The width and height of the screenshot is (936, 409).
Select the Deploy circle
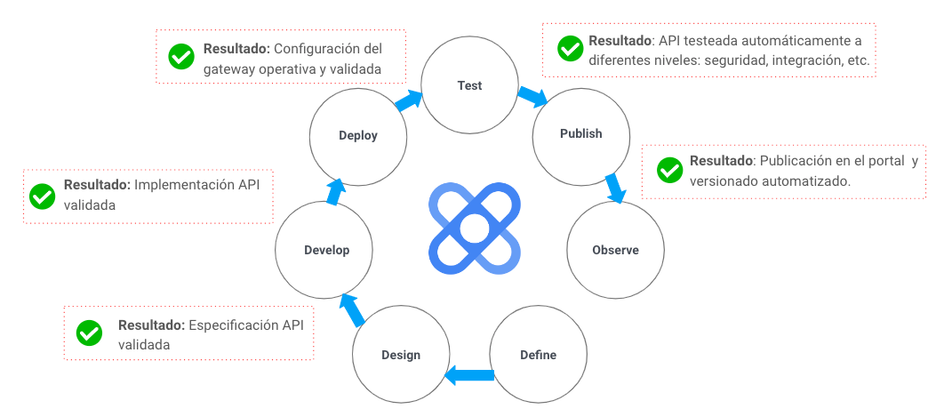(x=358, y=136)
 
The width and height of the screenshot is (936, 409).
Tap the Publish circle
(x=580, y=134)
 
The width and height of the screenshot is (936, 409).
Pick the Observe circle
(x=615, y=250)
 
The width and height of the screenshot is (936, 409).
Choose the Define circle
(x=538, y=355)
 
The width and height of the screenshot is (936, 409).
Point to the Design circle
(x=401, y=355)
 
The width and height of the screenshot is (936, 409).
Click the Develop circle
(x=325, y=250)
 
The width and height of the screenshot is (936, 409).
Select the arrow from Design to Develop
(x=352, y=309)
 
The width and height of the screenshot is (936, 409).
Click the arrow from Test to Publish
(x=532, y=96)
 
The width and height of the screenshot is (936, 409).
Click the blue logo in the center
(x=473, y=228)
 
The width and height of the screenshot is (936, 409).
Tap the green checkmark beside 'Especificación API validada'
(x=89, y=333)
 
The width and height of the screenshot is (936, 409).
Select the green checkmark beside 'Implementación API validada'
(x=42, y=196)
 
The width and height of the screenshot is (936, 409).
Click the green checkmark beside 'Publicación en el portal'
(x=668, y=170)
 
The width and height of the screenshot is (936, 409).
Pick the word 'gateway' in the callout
(x=228, y=68)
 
